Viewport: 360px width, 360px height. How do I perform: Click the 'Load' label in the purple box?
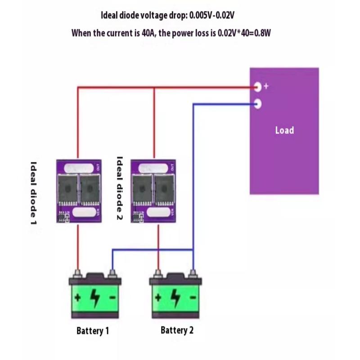[284, 130]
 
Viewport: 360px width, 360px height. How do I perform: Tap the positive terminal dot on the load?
[257, 86]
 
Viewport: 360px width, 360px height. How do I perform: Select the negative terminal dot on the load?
[257, 104]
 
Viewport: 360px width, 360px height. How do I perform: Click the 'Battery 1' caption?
[93, 331]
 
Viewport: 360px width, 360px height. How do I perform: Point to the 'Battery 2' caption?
[177, 330]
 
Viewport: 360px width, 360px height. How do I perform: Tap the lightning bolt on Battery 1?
[95, 297]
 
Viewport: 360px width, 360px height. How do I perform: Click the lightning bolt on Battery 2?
[176, 297]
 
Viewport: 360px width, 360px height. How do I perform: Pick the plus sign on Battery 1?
[78, 297]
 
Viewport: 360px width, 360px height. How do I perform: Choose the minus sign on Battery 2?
[193, 297]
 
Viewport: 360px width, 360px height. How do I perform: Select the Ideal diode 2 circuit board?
[153, 191]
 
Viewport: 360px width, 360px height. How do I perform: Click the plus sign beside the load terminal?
[266, 86]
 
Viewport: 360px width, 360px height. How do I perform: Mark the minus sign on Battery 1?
[112, 297]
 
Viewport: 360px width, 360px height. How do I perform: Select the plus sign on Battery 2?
[158, 297]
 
